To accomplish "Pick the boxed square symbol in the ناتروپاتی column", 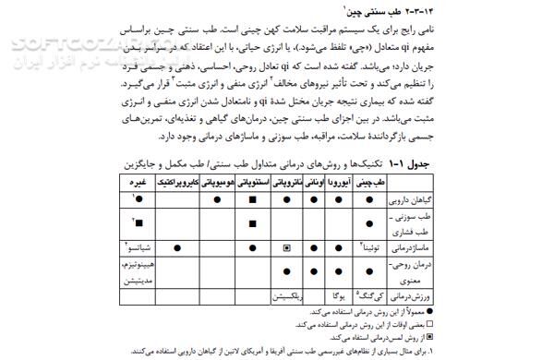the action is click(287, 247).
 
